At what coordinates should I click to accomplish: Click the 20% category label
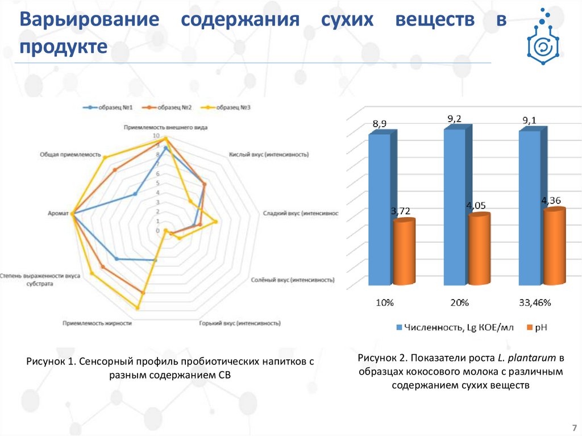(460, 303)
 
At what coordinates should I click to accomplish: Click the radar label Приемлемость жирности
(97, 323)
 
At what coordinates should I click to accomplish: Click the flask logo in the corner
(543, 35)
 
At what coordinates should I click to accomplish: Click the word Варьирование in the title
(89, 20)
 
